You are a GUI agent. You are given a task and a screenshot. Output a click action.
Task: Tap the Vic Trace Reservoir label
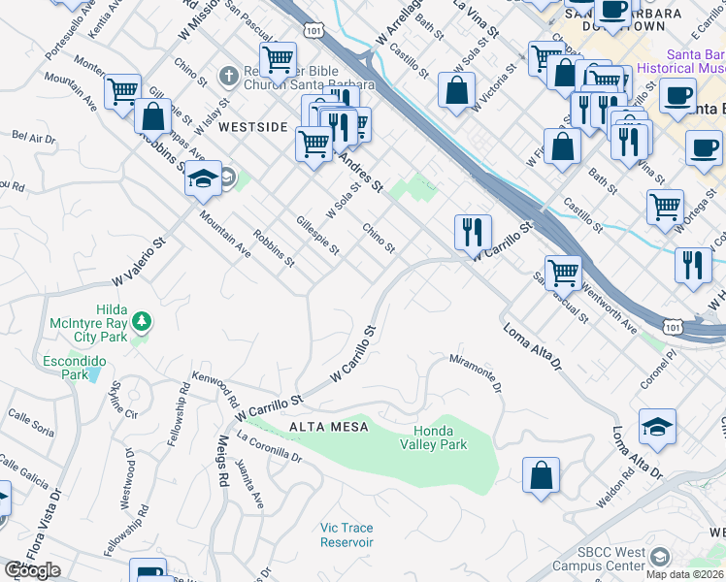[346, 535]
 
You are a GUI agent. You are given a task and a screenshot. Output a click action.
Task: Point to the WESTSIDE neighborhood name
[253, 127]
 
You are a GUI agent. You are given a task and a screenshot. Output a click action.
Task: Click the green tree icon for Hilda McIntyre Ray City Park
[142, 319]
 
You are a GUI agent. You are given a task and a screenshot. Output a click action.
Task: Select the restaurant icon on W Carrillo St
[473, 231]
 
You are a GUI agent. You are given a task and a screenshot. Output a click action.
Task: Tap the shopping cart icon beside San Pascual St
[563, 272]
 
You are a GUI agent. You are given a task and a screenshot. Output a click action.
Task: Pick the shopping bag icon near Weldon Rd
[541, 474]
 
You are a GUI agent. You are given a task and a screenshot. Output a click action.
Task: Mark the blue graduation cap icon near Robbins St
[204, 178]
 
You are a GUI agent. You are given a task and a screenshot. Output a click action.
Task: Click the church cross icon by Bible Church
[227, 75]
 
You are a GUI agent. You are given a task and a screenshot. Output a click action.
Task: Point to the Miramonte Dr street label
[476, 372]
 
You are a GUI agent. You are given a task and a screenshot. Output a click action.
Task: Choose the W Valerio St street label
[141, 263]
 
